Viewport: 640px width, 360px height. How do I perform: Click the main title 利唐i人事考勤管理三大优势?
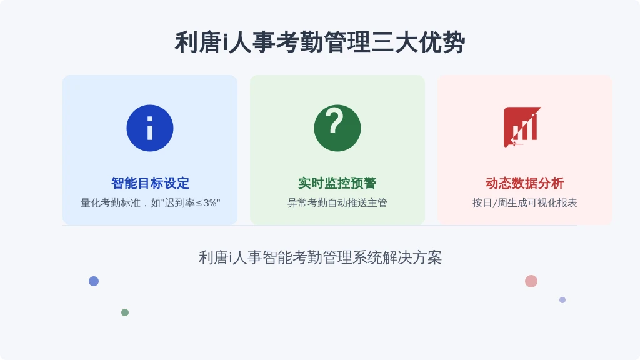pyautogui.click(x=320, y=42)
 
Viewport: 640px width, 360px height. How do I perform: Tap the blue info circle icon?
pyautogui.click(x=150, y=128)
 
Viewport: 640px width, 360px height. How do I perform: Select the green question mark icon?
pyautogui.click(x=337, y=128)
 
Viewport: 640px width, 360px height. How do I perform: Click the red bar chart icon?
pyautogui.click(x=522, y=127)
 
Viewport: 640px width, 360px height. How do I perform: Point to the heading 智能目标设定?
pyautogui.click(x=150, y=183)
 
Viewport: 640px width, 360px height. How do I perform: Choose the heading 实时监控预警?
pyautogui.click(x=337, y=183)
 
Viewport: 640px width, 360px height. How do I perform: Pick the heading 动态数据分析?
pyautogui.click(x=524, y=183)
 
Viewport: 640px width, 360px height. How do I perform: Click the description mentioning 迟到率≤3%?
pyautogui.click(x=150, y=203)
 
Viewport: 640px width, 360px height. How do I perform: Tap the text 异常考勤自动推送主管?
pyautogui.click(x=337, y=203)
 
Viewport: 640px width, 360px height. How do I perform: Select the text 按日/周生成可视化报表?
pyautogui.click(x=524, y=203)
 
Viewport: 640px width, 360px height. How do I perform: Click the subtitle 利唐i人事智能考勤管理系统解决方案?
pyautogui.click(x=320, y=257)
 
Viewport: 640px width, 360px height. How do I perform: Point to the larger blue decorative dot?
pyautogui.click(x=94, y=281)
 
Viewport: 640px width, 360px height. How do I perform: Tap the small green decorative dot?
pyautogui.click(x=125, y=312)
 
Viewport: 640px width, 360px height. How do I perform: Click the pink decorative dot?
pyautogui.click(x=531, y=281)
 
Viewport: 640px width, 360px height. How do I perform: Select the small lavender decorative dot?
pyautogui.click(x=562, y=300)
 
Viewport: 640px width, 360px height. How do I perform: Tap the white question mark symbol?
pyautogui.click(x=335, y=121)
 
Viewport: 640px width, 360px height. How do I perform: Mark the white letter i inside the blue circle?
pyautogui.click(x=150, y=128)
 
